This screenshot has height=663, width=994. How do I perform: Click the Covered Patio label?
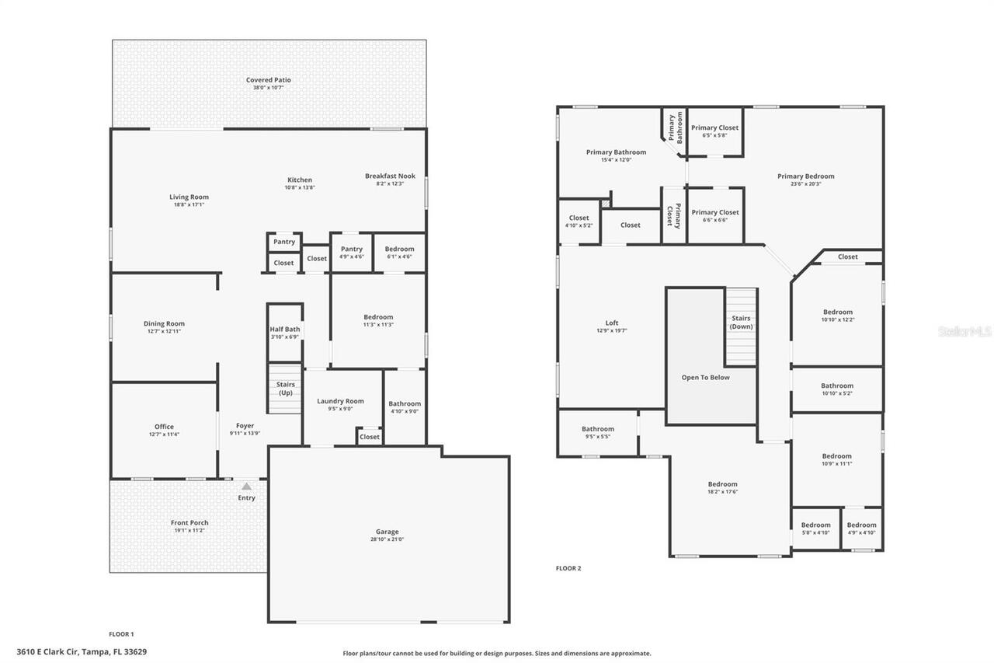[x=268, y=80]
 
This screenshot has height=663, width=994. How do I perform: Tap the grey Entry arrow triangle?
[x=246, y=487]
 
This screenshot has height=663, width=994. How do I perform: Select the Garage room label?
[x=387, y=532]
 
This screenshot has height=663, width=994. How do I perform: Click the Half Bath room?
[x=284, y=330]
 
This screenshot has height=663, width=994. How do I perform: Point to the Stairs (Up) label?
[x=284, y=389]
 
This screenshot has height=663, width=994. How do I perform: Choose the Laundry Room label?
[x=340, y=401]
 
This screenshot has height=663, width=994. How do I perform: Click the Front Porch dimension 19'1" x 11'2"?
[x=189, y=530]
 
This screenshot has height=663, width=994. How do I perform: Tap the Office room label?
[x=164, y=427]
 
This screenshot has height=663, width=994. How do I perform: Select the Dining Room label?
[x=164, y=324]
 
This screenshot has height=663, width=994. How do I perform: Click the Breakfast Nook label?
[x=390, y=176]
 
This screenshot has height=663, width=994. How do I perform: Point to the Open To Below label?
[x=705, y=378]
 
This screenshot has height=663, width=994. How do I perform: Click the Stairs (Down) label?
[x=741, y=322]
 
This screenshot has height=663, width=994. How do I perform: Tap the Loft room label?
[x=612, y=323]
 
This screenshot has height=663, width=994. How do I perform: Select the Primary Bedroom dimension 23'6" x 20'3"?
[x=805, y=184]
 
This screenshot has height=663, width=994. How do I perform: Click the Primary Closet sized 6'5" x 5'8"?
[x=714, y=128]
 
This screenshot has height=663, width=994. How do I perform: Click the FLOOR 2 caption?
[x=568, y=568]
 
